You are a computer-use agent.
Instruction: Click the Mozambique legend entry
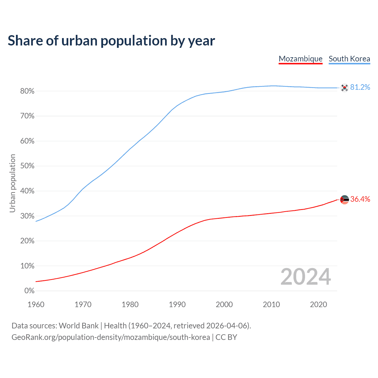click(300, 59)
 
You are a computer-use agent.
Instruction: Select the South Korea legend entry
click(349, 59)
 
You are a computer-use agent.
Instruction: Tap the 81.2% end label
click(360, 87)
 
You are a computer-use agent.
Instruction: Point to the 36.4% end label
click(360, 199)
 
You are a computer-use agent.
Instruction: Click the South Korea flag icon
click(344, 88)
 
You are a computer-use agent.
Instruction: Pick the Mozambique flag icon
click(344, 200)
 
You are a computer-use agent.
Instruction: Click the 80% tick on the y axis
click(27, 91)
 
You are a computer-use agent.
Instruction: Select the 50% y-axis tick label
click(27, 166)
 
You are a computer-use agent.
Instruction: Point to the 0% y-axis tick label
click(29, 291)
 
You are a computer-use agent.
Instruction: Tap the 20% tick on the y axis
click(27, 241)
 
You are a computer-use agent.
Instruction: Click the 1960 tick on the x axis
click(36, 304)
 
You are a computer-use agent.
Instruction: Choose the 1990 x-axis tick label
click(177, 304)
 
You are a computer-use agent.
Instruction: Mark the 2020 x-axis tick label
click(318, 304)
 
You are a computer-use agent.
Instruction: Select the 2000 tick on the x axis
click(224, 304)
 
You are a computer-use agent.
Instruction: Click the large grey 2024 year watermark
click(306, 277)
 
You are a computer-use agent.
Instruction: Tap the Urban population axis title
click(12, 183)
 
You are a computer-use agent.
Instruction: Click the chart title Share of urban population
click(111, 40)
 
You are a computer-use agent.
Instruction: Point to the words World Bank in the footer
click(79, 326)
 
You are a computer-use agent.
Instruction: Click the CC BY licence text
click(226, 337)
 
